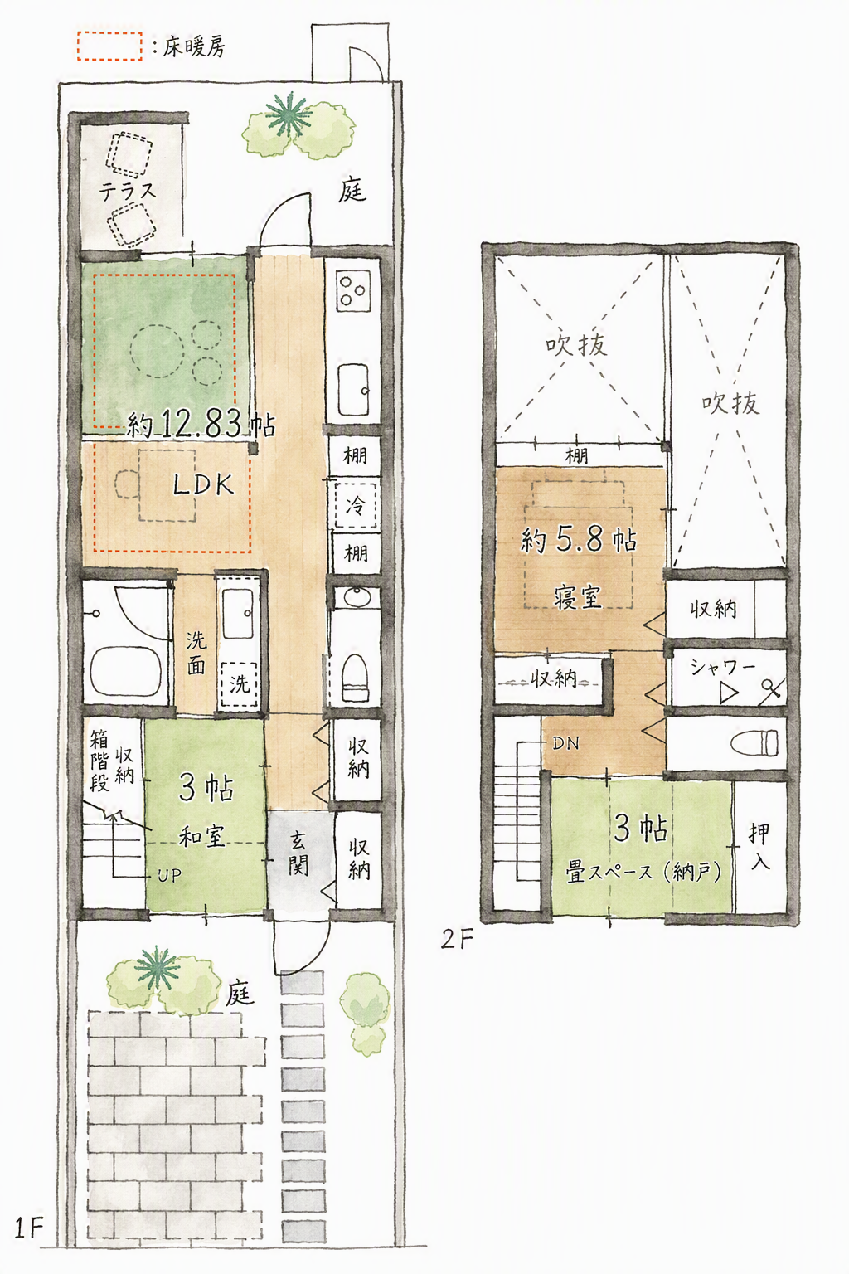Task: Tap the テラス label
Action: [x=128, y=191]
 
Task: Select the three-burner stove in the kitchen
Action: [x=353, y=289]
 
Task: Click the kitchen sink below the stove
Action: [x=353, y=390]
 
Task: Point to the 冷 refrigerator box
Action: [x=356, y=505]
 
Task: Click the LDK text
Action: [x=203, y=485]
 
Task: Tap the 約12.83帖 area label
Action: [x=201, y=424]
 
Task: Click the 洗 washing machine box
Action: [x=239, y=684]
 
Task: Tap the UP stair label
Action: [x=169, y=875]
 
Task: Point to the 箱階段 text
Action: [x=99, y=761]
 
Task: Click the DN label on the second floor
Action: [x=565, y=743]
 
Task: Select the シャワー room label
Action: [x=722, y=666]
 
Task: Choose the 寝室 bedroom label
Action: [x=578, y=597]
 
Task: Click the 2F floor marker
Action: [x=456, y=940]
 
